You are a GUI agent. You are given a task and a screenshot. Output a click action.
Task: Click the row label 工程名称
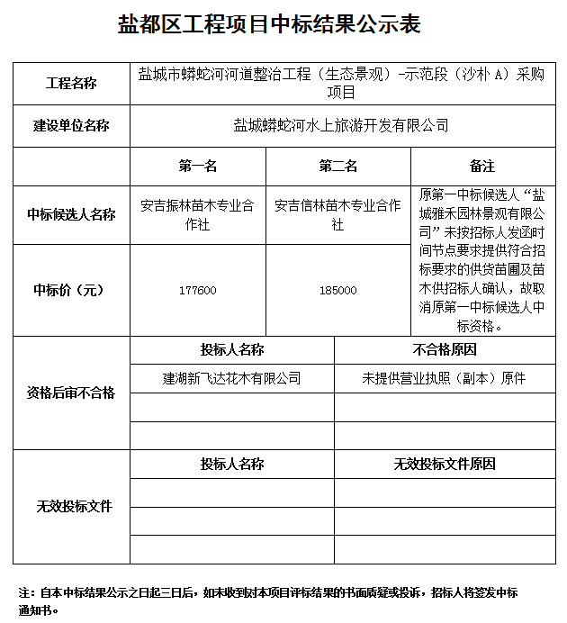tap(71, 84)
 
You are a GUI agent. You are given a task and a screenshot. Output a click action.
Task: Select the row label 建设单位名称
tap(71, 126)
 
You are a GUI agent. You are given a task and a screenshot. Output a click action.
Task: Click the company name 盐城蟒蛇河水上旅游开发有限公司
tap(341, 126)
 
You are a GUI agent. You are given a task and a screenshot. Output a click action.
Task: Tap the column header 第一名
tap(198, 167)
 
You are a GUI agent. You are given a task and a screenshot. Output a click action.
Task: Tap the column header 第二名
tap(338, 167)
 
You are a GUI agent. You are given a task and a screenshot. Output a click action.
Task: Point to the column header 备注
tap(482, 167)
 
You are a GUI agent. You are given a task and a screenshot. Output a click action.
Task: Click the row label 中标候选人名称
tap(71, 214)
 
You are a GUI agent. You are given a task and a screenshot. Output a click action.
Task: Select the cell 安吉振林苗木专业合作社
tap(198, 214)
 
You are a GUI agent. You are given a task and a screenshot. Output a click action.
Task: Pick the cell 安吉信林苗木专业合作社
tap(338, 214)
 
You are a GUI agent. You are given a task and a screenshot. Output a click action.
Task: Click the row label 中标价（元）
tap(71, 290)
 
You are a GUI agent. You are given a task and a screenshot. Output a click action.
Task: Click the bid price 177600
tap(198, 290)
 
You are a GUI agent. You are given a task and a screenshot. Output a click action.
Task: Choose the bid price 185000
tap(338, 290)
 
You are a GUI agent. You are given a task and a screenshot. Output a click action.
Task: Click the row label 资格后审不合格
tap(71, 393)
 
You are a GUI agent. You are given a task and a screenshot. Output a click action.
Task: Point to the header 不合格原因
tap(445, 349)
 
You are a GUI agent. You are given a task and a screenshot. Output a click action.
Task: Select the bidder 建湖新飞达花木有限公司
tap(231, 378)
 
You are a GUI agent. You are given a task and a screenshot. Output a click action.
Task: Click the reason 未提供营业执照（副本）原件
tap(445, 378)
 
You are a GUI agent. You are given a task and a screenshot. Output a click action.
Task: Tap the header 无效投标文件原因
tap(445, 465)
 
